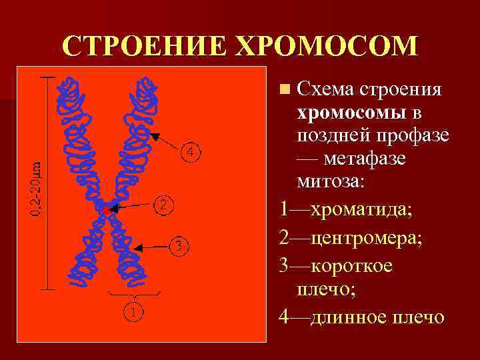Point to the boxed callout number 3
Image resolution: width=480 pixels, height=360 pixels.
pos(178,246)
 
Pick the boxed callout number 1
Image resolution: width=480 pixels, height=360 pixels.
pos(133,311)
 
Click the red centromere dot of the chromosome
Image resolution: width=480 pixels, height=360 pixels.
pos(107,209)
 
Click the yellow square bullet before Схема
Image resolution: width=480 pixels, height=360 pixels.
pos(285,89)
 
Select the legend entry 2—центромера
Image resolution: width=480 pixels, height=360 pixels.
pos(351,237)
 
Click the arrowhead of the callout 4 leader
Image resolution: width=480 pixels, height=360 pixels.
pos(153,135)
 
